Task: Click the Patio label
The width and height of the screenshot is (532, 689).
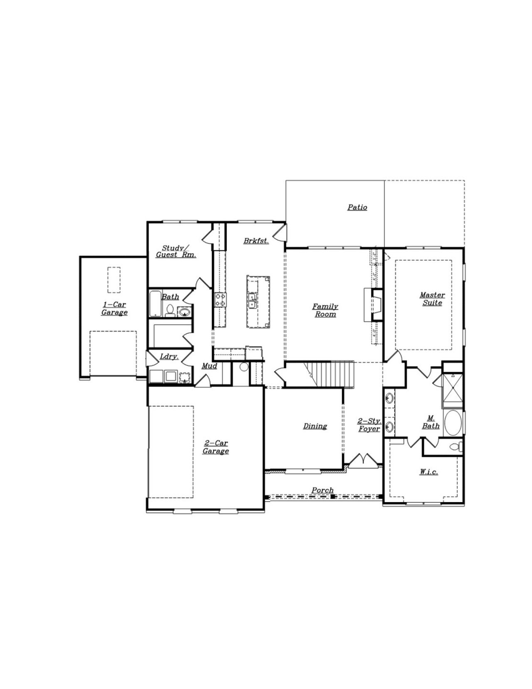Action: pyautogui.click(x=357, y=207)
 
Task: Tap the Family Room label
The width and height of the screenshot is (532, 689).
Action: pyautogui.click(x=325, y=310)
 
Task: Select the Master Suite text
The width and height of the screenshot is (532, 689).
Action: pyautogui.click(x=432, y=299)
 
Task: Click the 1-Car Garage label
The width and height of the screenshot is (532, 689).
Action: pyautogui.click(x=114, y=309)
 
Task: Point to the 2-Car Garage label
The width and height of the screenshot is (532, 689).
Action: pyautogui.click(x=215, y=447)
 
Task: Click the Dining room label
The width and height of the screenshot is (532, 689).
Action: pyautogui.click(x=315, y=426)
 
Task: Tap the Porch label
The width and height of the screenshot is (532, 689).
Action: pyautogui.click(x=323, y=491)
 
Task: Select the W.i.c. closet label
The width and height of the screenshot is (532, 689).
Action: pyautogui.click(x=429, y=472)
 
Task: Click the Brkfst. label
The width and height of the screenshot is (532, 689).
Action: pyautogui.click(x=256, y=241)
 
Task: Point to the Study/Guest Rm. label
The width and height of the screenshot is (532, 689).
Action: pyautogui.click(x=176, y=251)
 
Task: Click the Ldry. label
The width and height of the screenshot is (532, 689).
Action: pyautogui.click(x=169, y=357)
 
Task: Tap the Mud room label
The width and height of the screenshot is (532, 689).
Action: pyautogui.click(x=209, y=366)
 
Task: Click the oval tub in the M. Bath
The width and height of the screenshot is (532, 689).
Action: pyautogui.click(x=453, y=423)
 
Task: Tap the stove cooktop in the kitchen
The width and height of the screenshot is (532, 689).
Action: pyautogui.click(x=220, y=300)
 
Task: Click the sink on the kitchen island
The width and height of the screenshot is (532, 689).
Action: pyautogui.click(x=252, y=300)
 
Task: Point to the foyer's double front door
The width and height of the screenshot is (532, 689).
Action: pyautogui.click(x=363, y=460)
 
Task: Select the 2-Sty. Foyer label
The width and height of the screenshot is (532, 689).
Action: pyautogui.click(x=369, y=425)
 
